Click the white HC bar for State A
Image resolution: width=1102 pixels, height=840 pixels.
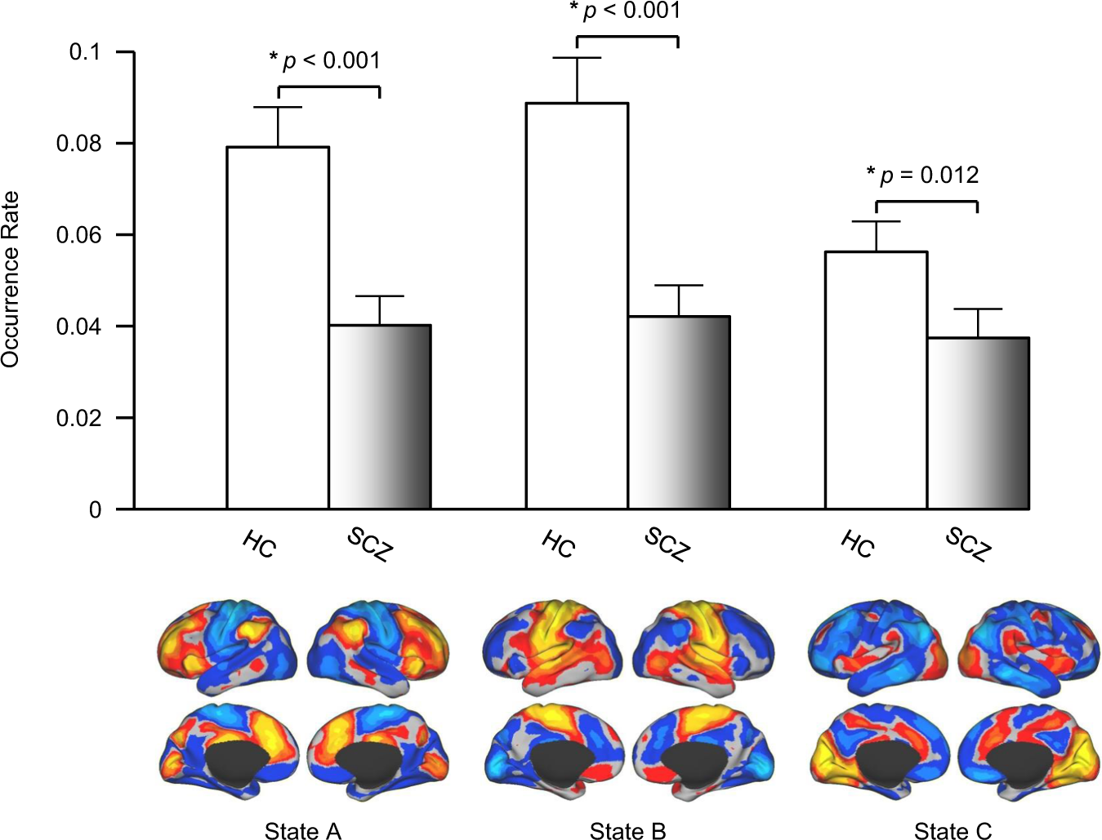pyautogui.click(x=278, y=327)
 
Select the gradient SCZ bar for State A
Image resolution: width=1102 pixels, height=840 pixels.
pyautogui.click(x=380, y=416)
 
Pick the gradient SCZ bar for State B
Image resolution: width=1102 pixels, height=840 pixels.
pyautogui.click(x=679, y=412)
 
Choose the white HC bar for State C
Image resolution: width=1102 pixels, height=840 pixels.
pyautogui.click(x=876, y=380)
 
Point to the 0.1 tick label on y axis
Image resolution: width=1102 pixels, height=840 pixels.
pyautogui.click(x=84, y=52)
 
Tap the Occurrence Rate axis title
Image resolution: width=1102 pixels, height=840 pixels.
pyautogui.click(x=11, y=279)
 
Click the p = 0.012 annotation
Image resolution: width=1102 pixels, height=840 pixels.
pyautogui.click(x=923, y=175)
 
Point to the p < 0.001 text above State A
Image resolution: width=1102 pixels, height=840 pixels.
pyautogui.click(x=325, y=60)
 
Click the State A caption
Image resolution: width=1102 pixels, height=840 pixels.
pyautogui.click(x=302, y=831)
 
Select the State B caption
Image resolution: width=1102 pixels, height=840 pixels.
pyautogui.click(x=627, y=831)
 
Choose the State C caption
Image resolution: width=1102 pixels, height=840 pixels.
pyautogui.click(x=953, y=831)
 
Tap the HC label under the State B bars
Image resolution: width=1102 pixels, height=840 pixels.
pyautogui.click(x=559, y=544)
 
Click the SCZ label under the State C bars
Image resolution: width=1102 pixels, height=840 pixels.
pyautogui.click(x=968, y=544)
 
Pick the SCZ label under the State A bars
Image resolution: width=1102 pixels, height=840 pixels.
pyautogui.click(x=370, y=544)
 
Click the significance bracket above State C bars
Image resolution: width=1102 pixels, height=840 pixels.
pyautogui.click(x=926, y=201)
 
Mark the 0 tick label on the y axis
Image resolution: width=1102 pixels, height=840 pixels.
pyautogui.click(x=95, y=510)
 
